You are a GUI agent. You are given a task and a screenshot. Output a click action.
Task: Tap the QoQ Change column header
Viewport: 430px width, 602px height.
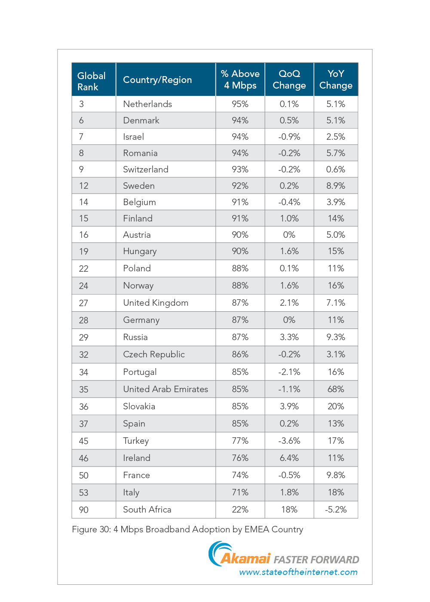289,80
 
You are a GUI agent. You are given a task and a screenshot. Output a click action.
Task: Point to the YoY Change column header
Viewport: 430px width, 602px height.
336,80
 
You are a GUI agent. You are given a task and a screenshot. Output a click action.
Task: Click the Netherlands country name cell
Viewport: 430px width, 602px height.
147,104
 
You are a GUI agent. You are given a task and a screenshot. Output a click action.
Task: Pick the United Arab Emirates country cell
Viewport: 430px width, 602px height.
166,389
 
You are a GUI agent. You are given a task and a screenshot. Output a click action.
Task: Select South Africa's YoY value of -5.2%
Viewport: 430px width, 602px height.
336,509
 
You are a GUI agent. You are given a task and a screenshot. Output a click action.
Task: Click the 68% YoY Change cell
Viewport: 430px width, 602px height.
336,389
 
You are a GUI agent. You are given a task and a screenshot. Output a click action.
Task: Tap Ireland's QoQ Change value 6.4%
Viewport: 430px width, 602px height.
289,458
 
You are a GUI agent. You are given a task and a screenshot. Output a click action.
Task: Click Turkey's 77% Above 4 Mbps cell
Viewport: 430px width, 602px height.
240,440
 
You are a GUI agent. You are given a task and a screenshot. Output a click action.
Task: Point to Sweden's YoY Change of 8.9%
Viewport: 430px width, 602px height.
336,186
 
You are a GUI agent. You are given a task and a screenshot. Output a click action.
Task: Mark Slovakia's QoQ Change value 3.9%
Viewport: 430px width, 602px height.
289,406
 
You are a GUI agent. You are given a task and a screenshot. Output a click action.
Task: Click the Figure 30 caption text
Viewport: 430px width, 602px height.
187,529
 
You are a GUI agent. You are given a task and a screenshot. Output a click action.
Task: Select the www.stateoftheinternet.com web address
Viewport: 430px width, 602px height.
298,572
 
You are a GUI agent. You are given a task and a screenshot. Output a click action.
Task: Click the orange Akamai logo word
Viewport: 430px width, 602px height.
246,559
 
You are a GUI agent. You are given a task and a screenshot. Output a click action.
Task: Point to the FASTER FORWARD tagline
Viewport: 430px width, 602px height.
316,559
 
